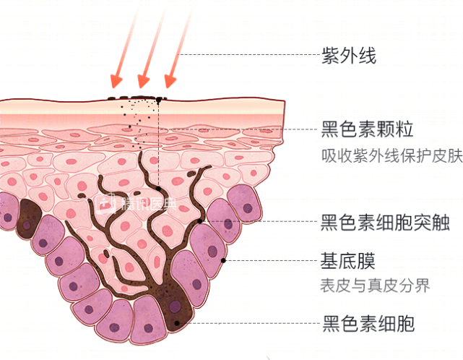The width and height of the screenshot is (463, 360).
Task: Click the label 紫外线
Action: click(x=348, y=55)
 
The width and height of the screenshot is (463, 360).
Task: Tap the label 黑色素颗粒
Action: click(x=367, y=129)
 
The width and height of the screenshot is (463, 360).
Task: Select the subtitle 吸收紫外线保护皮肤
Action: click(x=391, y=155)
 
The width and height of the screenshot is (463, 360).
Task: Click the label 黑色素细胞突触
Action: click(x=385, y=222)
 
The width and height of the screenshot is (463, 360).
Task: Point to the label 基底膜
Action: click(x=348, y=261)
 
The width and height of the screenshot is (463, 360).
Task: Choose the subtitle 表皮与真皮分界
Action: click(x=375, y=286)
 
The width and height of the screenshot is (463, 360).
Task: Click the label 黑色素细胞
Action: click(x=368, y=324)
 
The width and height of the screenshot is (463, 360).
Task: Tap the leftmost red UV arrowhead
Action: click(x=116, y=81)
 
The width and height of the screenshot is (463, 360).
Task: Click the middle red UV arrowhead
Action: click(x=144, y=81)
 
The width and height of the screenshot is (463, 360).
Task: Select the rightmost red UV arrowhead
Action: click(x=170, y=81)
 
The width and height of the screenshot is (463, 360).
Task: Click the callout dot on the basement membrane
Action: click(x=223, y=260)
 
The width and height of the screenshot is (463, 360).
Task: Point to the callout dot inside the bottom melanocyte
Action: click(x=176, y=323)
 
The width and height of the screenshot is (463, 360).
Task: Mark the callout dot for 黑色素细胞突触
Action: click(x=200, y=221)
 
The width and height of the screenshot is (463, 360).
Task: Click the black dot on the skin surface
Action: click(x=159, y=100)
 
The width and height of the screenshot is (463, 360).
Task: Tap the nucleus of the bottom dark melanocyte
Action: click(x=175, y=306)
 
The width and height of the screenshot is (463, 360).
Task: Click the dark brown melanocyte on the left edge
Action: click(x=29, y=219)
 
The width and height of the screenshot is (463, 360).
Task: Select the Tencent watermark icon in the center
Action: click(x=105, y=204)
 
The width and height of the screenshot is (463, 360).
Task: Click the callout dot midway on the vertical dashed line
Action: click(x=159, y=189)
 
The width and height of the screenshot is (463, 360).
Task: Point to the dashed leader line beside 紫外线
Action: click(x=248, y=54)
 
